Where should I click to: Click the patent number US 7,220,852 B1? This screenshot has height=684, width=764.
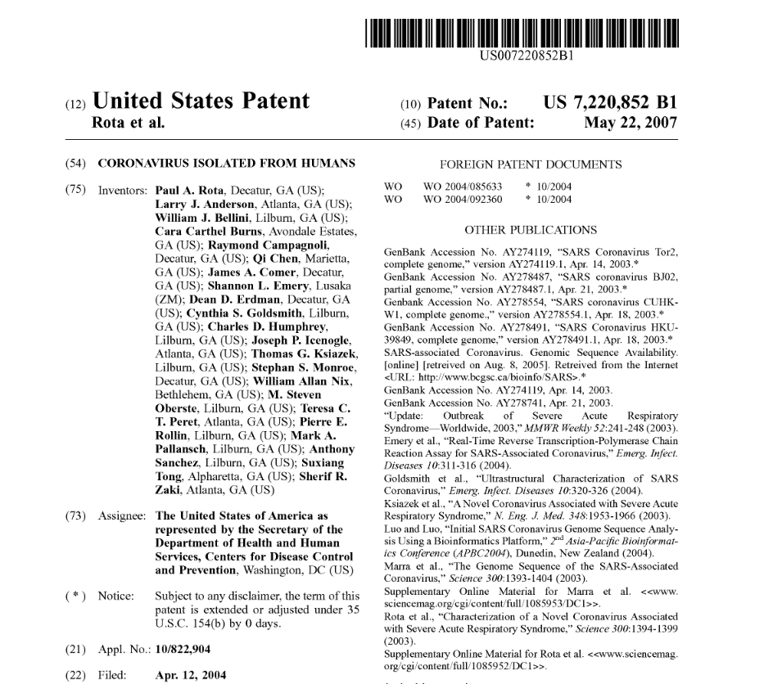click(610, 104)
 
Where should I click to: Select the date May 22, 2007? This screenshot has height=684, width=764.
click(631, 123)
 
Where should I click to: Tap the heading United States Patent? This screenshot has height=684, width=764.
click(201, 101)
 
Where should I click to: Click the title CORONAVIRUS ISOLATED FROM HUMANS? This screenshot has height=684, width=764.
click(226, 163)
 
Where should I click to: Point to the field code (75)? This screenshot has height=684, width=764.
click(75, 189)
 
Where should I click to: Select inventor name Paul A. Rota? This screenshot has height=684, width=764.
click(190, 189)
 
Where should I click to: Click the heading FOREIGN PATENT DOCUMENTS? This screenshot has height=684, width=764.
click(531, 163)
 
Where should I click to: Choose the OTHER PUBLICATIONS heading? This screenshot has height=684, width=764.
click(531, 230)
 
